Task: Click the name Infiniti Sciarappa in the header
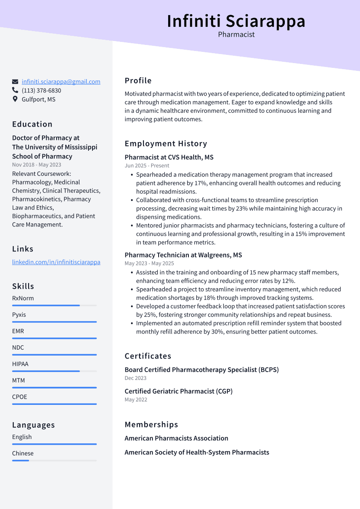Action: pos(236,21)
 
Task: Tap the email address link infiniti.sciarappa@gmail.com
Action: pos(61,82)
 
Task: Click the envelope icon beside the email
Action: pos(15,82)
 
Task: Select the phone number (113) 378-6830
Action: pos(41,91)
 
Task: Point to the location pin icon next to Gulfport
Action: pos(15,99)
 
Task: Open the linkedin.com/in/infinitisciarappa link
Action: pos(56,262)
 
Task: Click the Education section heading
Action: pos(32,124)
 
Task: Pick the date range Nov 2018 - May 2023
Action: pos(37,165)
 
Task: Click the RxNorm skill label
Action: pos(23,299)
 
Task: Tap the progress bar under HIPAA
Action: pos(54,371)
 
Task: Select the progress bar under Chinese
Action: pos(54,461)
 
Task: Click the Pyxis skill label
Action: pos(19,315)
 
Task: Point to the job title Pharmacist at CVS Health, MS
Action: pos(169,157)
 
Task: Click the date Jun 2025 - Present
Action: pos(147,165)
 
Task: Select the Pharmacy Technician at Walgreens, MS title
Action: pos(183,255)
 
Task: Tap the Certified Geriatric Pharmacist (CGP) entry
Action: pos(178,391)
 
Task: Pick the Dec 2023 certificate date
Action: pos(136,378)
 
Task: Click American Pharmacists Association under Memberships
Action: pos(176,439)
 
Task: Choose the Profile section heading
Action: pos(138,81)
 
